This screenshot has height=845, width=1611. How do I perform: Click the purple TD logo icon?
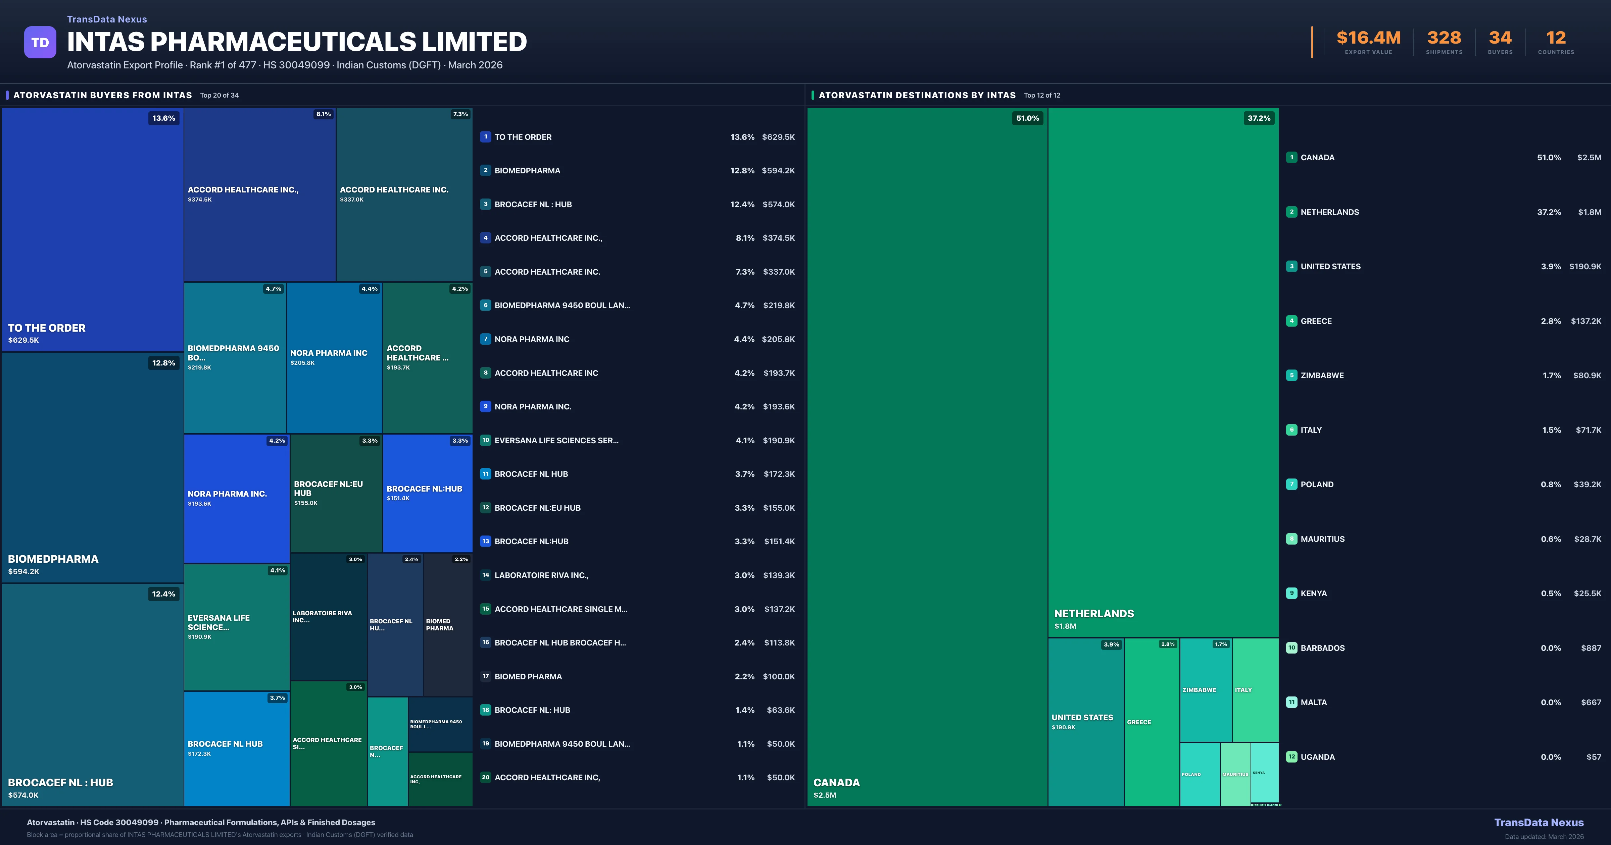click(x=40, y=43)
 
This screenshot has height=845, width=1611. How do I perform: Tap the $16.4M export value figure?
click(x=1368, y=38)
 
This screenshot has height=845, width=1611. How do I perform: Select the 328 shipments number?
click(x=1444, y=38)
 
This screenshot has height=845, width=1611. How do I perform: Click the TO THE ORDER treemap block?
click(x=93, y=229)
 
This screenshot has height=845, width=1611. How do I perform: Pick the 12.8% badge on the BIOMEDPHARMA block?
click(x=163, y=363)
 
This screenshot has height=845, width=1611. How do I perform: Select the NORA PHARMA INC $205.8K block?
click(x=334, y=357)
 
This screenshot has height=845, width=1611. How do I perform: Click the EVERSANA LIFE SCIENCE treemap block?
click(x=236, y=627)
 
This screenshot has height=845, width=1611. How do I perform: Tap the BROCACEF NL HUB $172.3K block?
click(x=236, y=748)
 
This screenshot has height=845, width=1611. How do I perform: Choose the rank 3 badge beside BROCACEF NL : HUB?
click(x=485, y=204)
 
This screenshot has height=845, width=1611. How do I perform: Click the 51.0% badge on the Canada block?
click(x=1027, y=118)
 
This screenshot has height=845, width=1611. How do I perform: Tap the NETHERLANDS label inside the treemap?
click(x=1094, y=614)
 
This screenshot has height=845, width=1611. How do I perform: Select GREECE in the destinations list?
click(x=1316, y=321)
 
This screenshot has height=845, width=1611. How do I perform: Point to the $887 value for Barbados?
click(x=1591, y=648)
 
